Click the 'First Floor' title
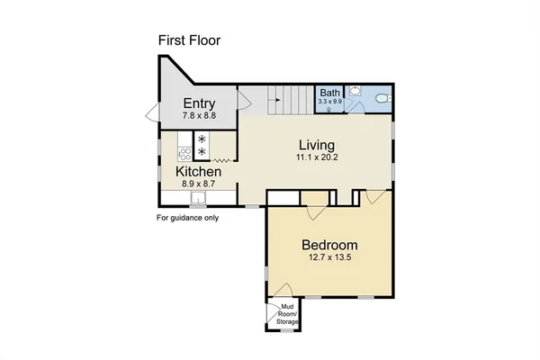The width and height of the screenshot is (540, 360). [x=189, y=40]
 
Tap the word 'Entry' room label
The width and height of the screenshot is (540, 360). [x=198, y=103]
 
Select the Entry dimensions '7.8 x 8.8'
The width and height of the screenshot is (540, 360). [x=198, y=116]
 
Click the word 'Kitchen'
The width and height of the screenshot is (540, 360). [x=198, y=171]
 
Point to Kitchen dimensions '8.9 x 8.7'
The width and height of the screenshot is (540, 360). [x=198, y=184]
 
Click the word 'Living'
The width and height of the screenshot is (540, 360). [x=317, y=144]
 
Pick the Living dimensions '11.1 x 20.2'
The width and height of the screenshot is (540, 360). [x=317, y=157]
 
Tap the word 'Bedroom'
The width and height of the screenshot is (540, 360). [x=329, y=245]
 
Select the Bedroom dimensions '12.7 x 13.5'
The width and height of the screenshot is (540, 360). [x=329, y=258]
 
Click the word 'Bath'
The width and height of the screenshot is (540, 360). [x=328, y=93]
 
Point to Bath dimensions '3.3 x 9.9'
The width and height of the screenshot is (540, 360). [x=328, y=102]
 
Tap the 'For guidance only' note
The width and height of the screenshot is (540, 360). [x=188, y=218]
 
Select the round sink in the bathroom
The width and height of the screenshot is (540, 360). [x=355, y=91]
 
